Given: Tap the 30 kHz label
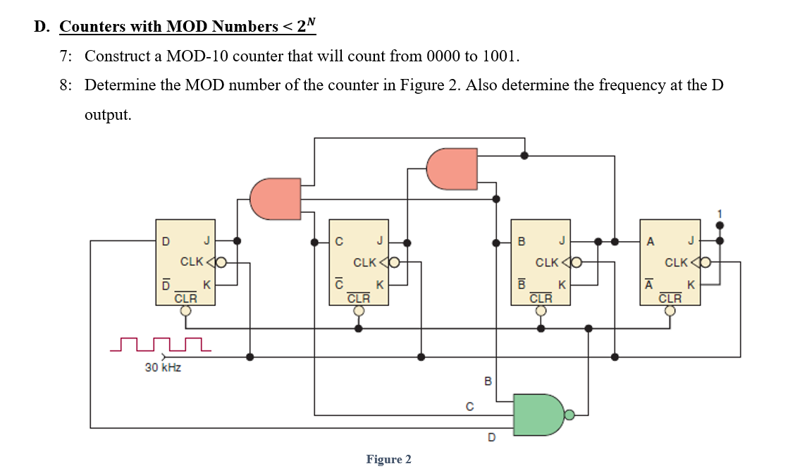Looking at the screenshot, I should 163,367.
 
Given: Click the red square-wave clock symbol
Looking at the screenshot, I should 161,345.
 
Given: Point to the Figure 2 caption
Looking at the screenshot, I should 388,460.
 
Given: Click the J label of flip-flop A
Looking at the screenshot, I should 691,241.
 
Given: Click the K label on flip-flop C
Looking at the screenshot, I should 380,286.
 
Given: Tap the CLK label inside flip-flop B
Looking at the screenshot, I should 547,263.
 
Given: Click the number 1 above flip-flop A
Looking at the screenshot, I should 720,213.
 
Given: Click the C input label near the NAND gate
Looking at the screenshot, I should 469,406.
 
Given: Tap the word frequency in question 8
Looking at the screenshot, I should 631,85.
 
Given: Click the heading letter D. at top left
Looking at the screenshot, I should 42,27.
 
